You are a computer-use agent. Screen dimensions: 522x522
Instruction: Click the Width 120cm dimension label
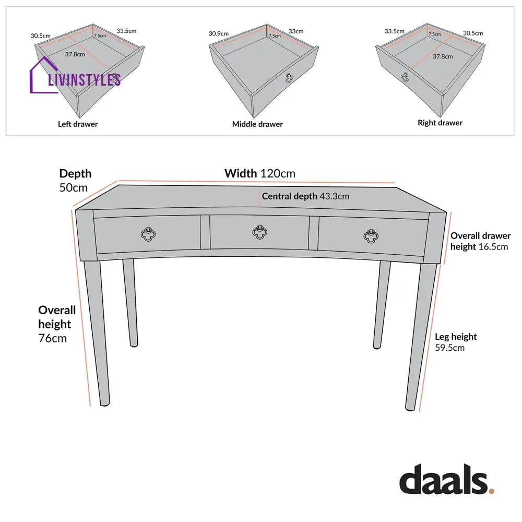[259, 173]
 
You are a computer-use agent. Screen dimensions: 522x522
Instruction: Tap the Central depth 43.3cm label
[305, 196]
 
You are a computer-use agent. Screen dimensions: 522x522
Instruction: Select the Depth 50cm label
[75, 181]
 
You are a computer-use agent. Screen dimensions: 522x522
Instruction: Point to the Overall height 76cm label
[57, 324]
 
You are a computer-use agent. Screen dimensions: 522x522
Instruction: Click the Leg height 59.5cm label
[456, 342]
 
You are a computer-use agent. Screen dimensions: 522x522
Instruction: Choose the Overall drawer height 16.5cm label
[480, 241]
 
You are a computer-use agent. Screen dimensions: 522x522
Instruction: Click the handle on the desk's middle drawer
[259, 232]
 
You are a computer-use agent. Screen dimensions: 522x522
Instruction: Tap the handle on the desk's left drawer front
[148, 234]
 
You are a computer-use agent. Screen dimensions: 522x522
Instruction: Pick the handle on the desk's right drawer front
[371, 236]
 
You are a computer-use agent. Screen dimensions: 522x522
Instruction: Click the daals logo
[446, 479]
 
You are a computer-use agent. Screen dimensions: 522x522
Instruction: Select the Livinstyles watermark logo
[75, 76]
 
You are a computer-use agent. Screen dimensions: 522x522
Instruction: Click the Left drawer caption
[78, 124]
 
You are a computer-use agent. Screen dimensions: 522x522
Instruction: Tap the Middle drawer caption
[257, 124]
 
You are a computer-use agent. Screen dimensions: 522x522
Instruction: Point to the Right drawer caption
[440, 123]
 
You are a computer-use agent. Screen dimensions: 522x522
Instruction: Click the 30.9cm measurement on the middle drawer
[219, 33]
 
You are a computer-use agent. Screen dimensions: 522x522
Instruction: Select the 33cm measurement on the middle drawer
[296, 31]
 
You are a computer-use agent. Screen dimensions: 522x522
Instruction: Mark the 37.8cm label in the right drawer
[443, 56]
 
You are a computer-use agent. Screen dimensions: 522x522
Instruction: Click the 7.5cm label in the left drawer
[100, 35]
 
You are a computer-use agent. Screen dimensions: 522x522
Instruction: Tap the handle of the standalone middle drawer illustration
[289, 78]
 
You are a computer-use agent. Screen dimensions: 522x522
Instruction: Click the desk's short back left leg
[130, 303]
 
